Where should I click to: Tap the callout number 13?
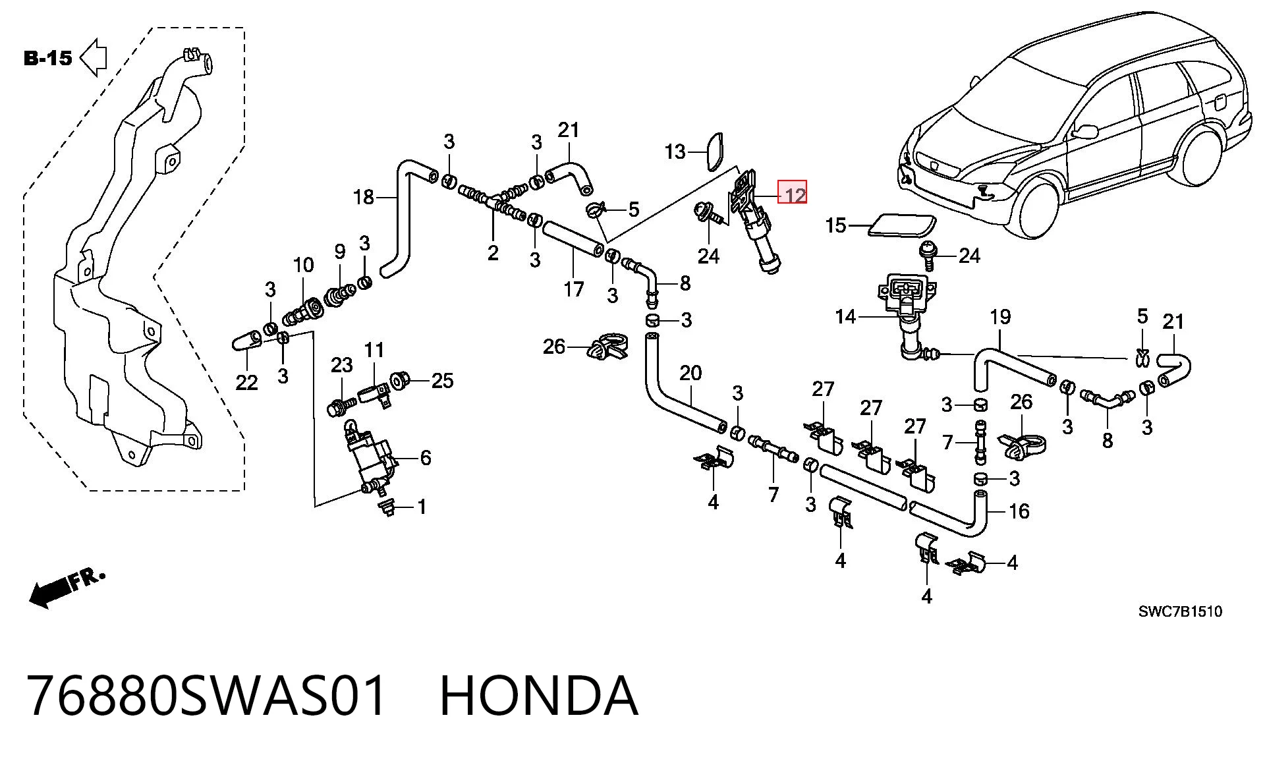coord(675,152)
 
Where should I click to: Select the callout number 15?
coord(835,225)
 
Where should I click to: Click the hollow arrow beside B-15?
coord(94,57)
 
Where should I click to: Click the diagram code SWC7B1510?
coord(1180,611)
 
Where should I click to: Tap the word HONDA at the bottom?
coord(538,696)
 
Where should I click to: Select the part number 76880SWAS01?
coord(206,696)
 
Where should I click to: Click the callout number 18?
coord(364,197)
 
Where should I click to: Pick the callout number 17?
coord(574,289)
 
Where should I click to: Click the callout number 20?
coord(690,374)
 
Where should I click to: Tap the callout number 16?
coord(1019,511)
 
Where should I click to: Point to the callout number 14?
coord(845,317)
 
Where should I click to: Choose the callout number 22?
coord(246,382)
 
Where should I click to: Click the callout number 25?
coord(442,380)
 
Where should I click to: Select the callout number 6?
coord(426,457)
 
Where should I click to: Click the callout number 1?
coord(422,507)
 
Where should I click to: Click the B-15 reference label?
coord(47,58)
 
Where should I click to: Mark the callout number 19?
coord(1000,317)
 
